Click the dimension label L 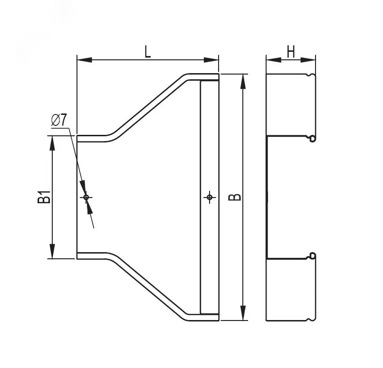click(x=147, y=51)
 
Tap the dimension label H click(x=291, y=51)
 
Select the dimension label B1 click(x=44, y=197)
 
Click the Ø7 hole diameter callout click(x=59, y=120)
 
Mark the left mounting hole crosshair click(x=86, y=197)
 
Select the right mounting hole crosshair click(x=210, y=197)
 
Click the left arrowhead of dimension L click(x=85, y=60)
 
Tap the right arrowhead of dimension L click(x=211, y=60)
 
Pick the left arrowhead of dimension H click(x=274, y=60)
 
